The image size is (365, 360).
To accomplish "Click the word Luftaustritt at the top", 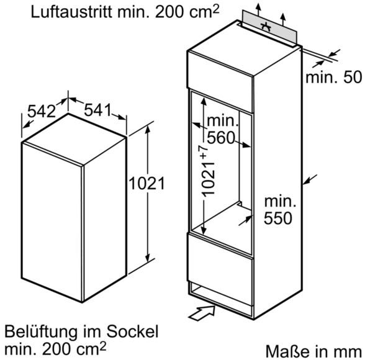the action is pyautogui.click(x=72, y=12).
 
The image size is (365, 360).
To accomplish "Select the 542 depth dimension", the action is pyautogui.click(x=42, y=111).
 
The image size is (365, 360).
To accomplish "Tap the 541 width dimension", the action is pyautogui.click(x=98, y=110).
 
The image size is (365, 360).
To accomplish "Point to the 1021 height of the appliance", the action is pyautogui.click(x=146, y=183).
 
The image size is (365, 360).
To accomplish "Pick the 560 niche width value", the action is pyautogui.click(x=220, y=138).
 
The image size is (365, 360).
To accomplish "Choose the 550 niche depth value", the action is pyautogui.click(x=277, y=218).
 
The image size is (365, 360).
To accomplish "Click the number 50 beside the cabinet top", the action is pyautogui.click(x=353, y=77).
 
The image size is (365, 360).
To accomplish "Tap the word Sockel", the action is pyautogui.click(x=132, y=331).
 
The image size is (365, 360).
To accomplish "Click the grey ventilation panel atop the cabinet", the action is pyautogui.click(x=269, y=27).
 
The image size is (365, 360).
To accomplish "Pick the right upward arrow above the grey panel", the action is pyautogui.click(x=282, y=19).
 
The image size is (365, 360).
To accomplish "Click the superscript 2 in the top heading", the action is pyautogui.click(x=216, y=9).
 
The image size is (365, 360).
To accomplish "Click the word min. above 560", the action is pyautogui.click(x=223, y=120).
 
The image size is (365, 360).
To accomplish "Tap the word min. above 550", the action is pyautogui.click(x=280, y=202).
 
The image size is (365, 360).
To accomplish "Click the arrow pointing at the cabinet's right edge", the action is pyautogui.click(x=310, y=179).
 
